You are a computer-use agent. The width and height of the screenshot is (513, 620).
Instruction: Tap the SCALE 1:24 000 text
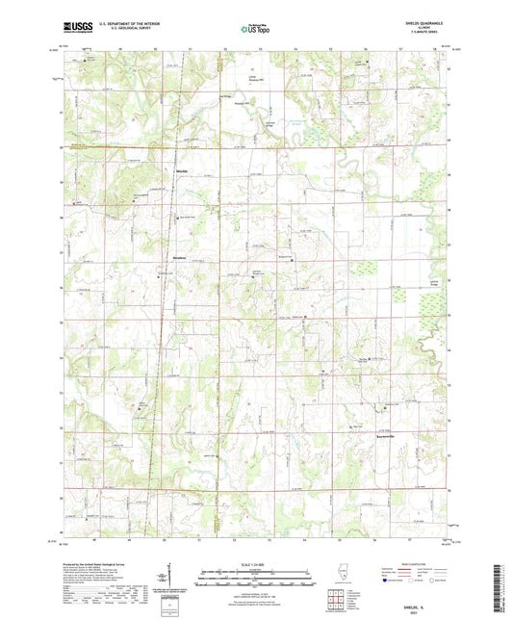[255, 564]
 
